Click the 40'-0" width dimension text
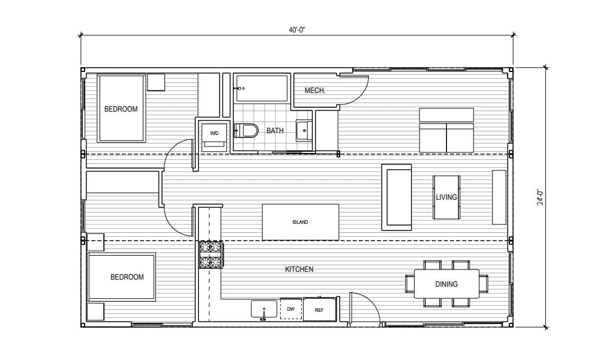point(297,30)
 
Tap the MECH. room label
point(315,91)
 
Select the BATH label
point(275,130)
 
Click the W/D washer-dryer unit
point(214,133)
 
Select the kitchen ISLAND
point(300,222)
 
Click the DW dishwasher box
point(290,310)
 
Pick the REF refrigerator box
point(319,310)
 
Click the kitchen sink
point(263,310)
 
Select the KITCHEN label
point(299,269)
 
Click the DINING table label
point(446,284)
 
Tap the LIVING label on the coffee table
point(446,197)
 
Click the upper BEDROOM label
point(121,109)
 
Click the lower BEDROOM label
point(127,277)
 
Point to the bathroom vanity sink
point(304,130)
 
